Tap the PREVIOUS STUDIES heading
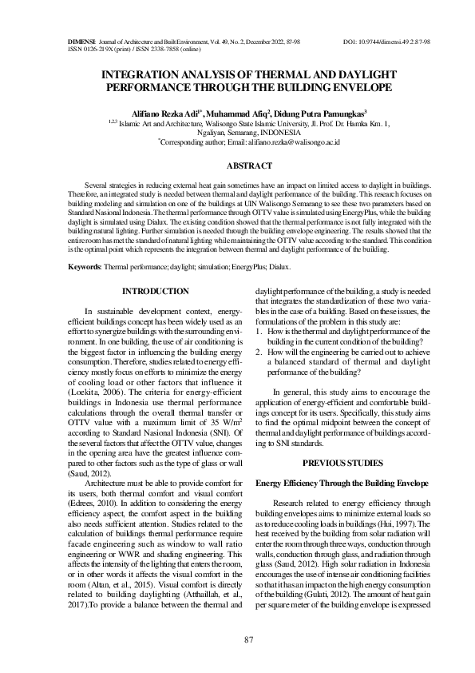(x=342, y=463)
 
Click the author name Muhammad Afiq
(x=239, y=113)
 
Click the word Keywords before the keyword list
(x=84, y=266)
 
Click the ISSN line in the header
(x=133, y=48)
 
